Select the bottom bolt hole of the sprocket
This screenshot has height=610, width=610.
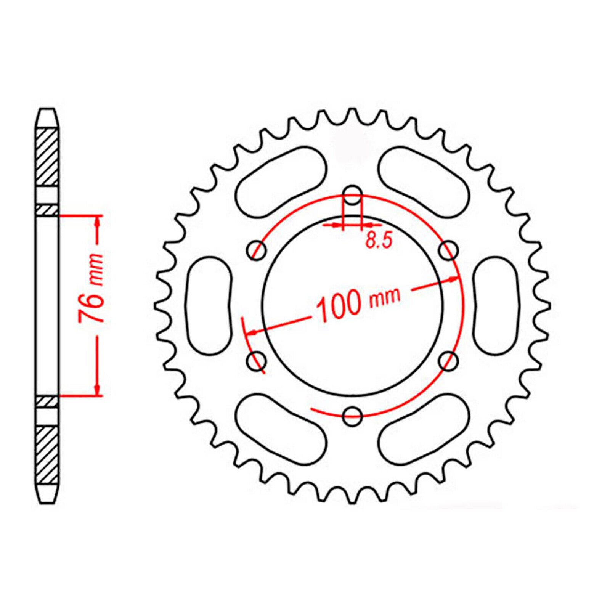click(352, 416)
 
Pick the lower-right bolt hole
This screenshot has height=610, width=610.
click(448, 360)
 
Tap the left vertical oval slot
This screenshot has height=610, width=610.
click(209, 305)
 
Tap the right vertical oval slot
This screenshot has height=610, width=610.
click(496, 305)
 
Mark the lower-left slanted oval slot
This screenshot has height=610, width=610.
click(281, 429)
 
